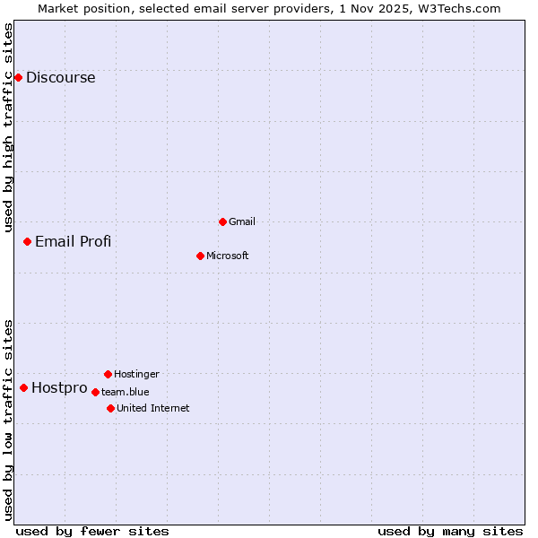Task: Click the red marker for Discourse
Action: [x=18, y=77]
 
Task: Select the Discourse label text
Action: [x=60, y=77]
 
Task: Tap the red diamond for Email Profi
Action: [x=28, y=241]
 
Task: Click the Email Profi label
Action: [x=73, y=241]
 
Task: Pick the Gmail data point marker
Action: [x=222, y=221]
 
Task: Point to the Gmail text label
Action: [x=242, y=221]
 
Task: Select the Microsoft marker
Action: [x=200, y=256]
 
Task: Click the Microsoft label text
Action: [x=227, y=256]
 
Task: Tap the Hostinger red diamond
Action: [x=108, y=374]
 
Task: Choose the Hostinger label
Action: [x=136, y=374]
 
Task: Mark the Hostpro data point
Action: [x=23, y=387]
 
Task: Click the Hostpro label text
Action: [x=59, y=388]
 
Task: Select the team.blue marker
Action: [x=95, y=392]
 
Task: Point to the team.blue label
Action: [x=125, y=392]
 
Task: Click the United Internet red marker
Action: [x=110, y=408]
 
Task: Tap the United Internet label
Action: [x=152, y=408]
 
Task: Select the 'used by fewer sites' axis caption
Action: [x=92, y=531]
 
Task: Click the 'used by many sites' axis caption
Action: [x=450, y=531]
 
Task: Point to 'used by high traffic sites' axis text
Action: [x=9, y=127]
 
